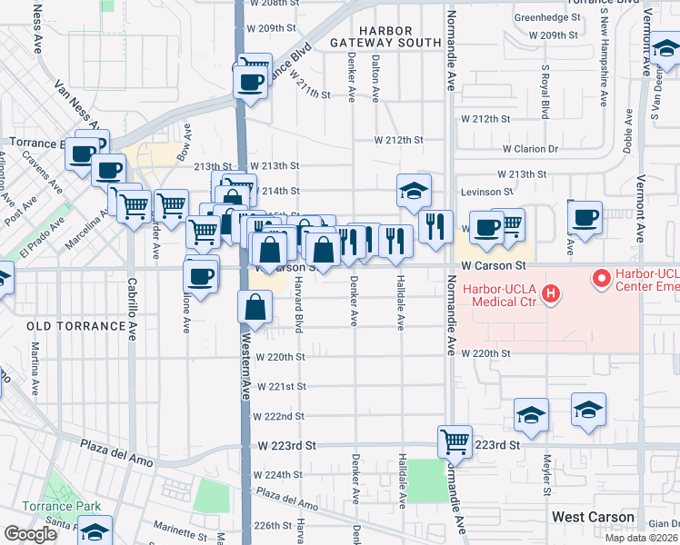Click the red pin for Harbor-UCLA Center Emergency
601,278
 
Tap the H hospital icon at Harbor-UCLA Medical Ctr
549,293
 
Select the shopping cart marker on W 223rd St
455,442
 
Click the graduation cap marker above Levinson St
414,192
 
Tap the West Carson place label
593,517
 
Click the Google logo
30,534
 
